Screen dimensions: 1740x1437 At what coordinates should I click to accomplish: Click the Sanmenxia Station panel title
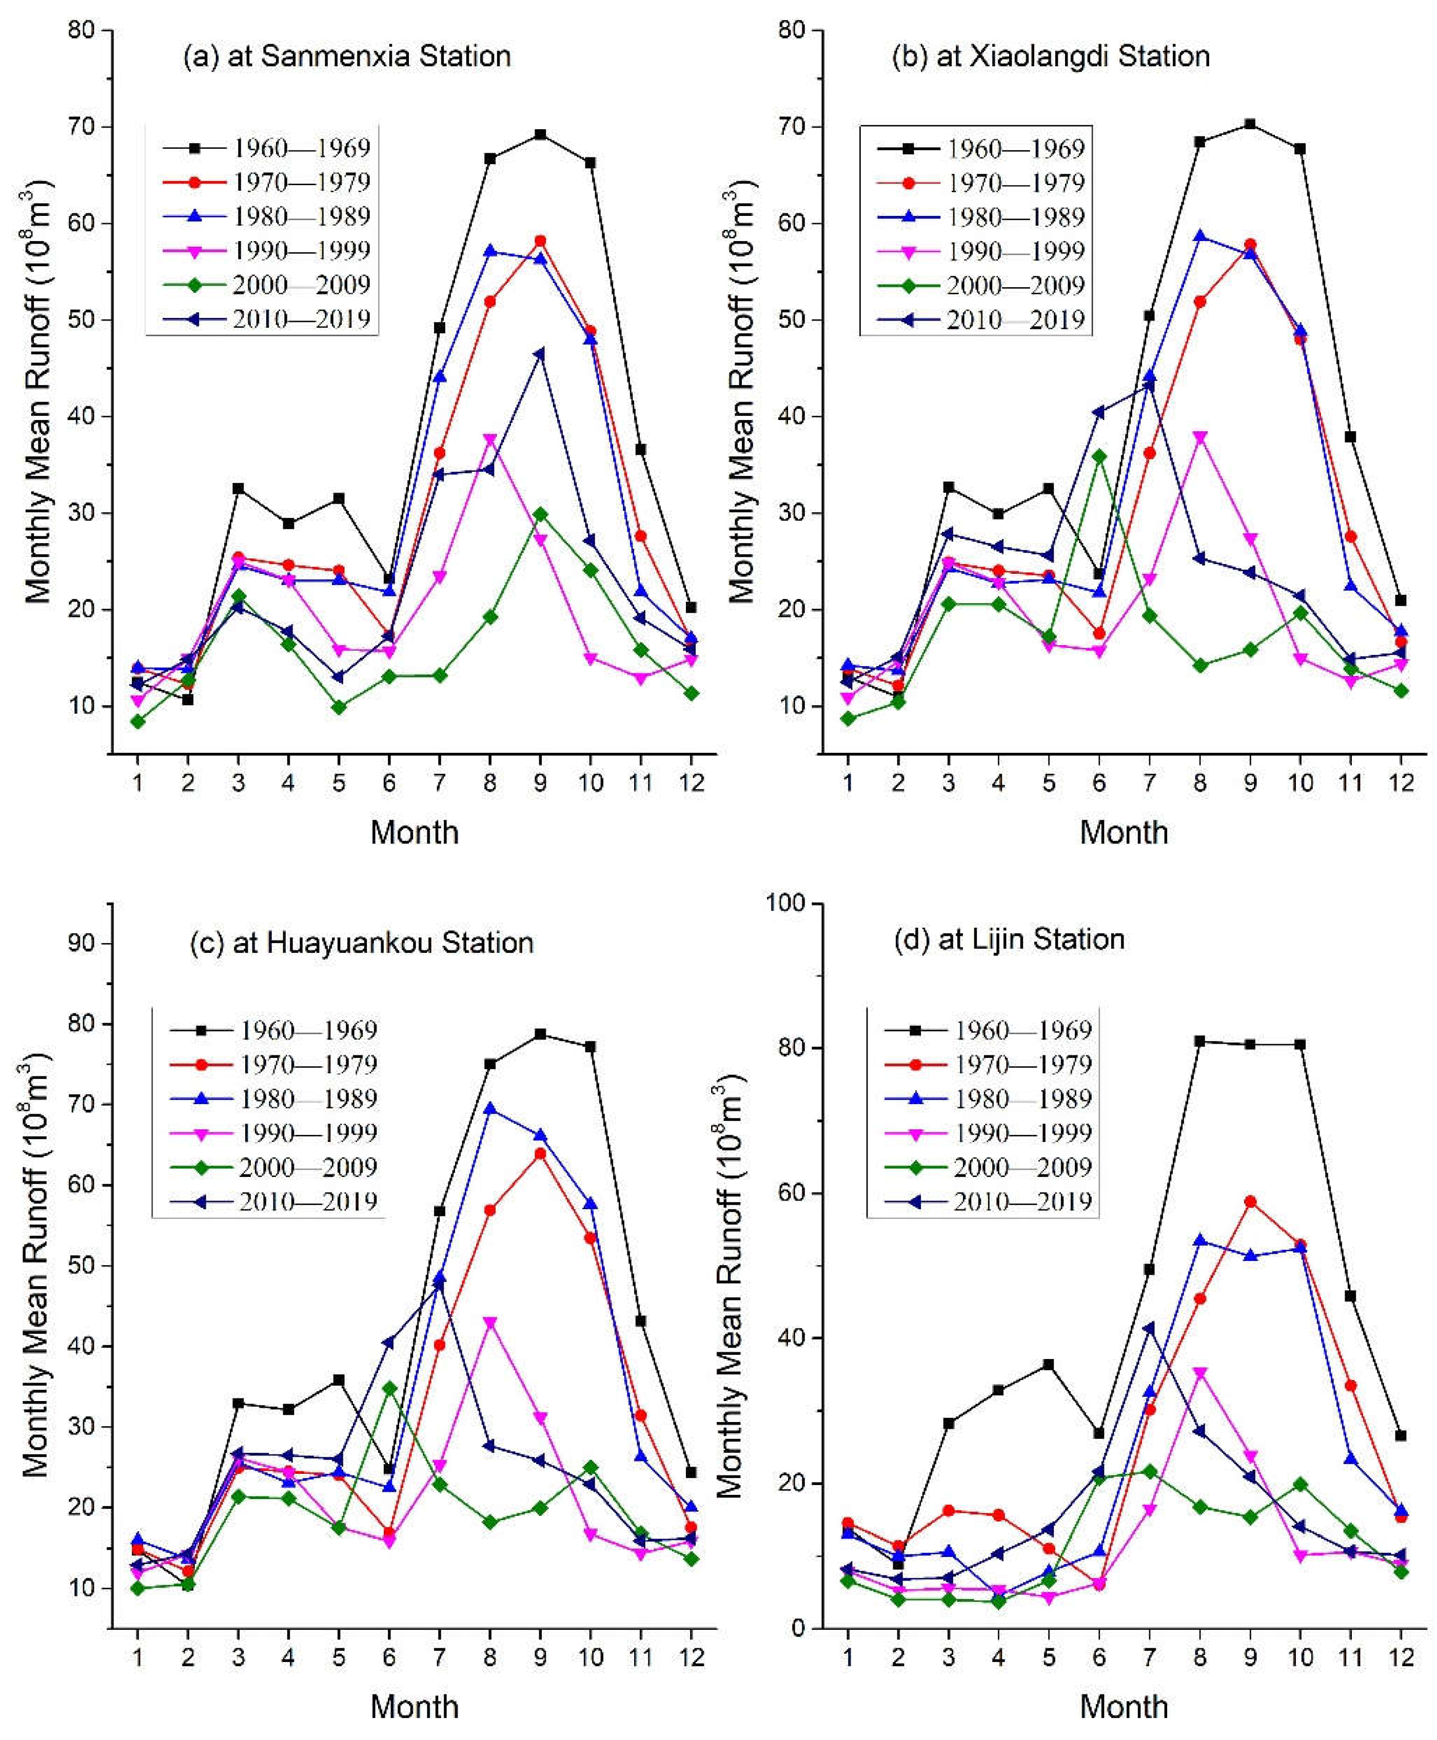347,56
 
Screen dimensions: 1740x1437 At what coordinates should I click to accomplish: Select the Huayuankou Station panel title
362,943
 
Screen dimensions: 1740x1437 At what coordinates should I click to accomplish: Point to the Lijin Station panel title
1009,939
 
